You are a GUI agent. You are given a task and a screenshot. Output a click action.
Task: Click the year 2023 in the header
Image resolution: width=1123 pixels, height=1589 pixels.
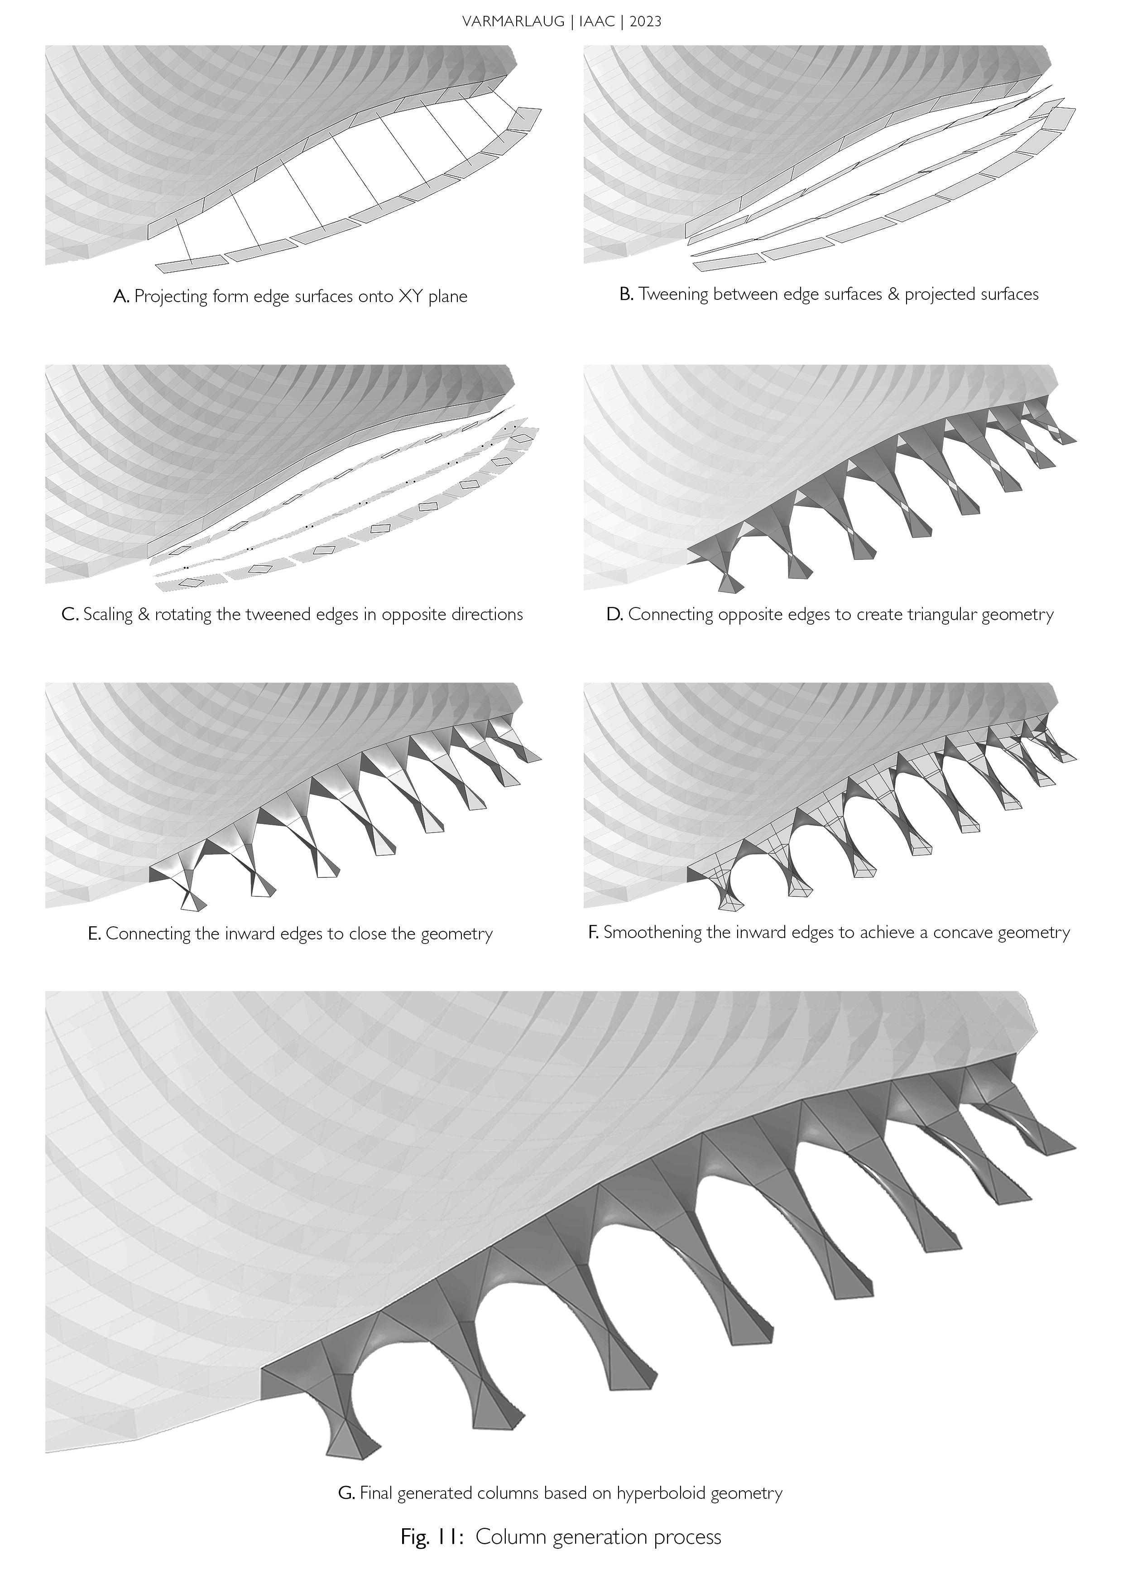[x=646, y=21]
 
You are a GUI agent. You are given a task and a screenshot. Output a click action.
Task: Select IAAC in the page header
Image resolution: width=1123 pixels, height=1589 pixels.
[x=599, y=21]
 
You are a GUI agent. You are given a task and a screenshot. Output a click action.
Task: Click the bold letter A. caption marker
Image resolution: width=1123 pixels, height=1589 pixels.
[x=121, y=296]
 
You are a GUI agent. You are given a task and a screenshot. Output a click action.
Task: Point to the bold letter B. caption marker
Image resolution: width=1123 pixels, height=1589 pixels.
[x=626, y=294]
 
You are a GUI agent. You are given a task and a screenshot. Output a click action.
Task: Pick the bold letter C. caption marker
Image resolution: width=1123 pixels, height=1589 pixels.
[x=70, y=615]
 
